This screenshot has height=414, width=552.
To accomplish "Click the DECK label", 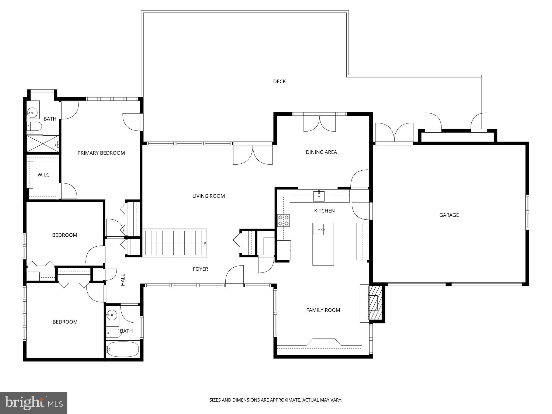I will [x=279, y=81].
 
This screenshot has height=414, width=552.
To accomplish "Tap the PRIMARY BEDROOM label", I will [x=101, y=153].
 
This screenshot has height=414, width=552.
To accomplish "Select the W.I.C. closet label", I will [x=44, y=175].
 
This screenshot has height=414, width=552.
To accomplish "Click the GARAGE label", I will [x=449, y=215].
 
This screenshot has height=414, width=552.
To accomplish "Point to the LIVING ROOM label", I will [x=208, y=196].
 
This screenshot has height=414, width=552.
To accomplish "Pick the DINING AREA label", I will [x=321, y=152].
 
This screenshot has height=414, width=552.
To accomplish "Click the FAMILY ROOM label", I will [x=323, y=310].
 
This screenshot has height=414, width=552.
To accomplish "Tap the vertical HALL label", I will [x=123, y=280].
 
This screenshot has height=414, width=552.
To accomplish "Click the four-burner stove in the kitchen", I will [x=284, y=220].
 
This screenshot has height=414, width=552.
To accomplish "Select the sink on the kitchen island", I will [x=319, y=229].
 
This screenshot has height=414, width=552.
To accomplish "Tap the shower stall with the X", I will [x=42, y=144].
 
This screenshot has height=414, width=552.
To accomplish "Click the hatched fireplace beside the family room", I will [x=375, y=303].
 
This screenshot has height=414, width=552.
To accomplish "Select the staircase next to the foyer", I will [x=174, y=243].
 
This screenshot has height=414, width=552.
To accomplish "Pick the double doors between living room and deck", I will [x=253, y=154].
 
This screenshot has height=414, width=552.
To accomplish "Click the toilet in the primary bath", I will [x=34, y=126].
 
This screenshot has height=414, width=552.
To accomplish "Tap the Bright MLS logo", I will [x=33, y=403].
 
